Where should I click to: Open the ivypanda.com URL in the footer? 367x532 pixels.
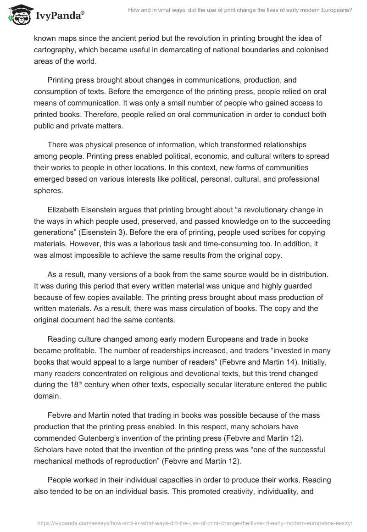pos(192,522)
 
